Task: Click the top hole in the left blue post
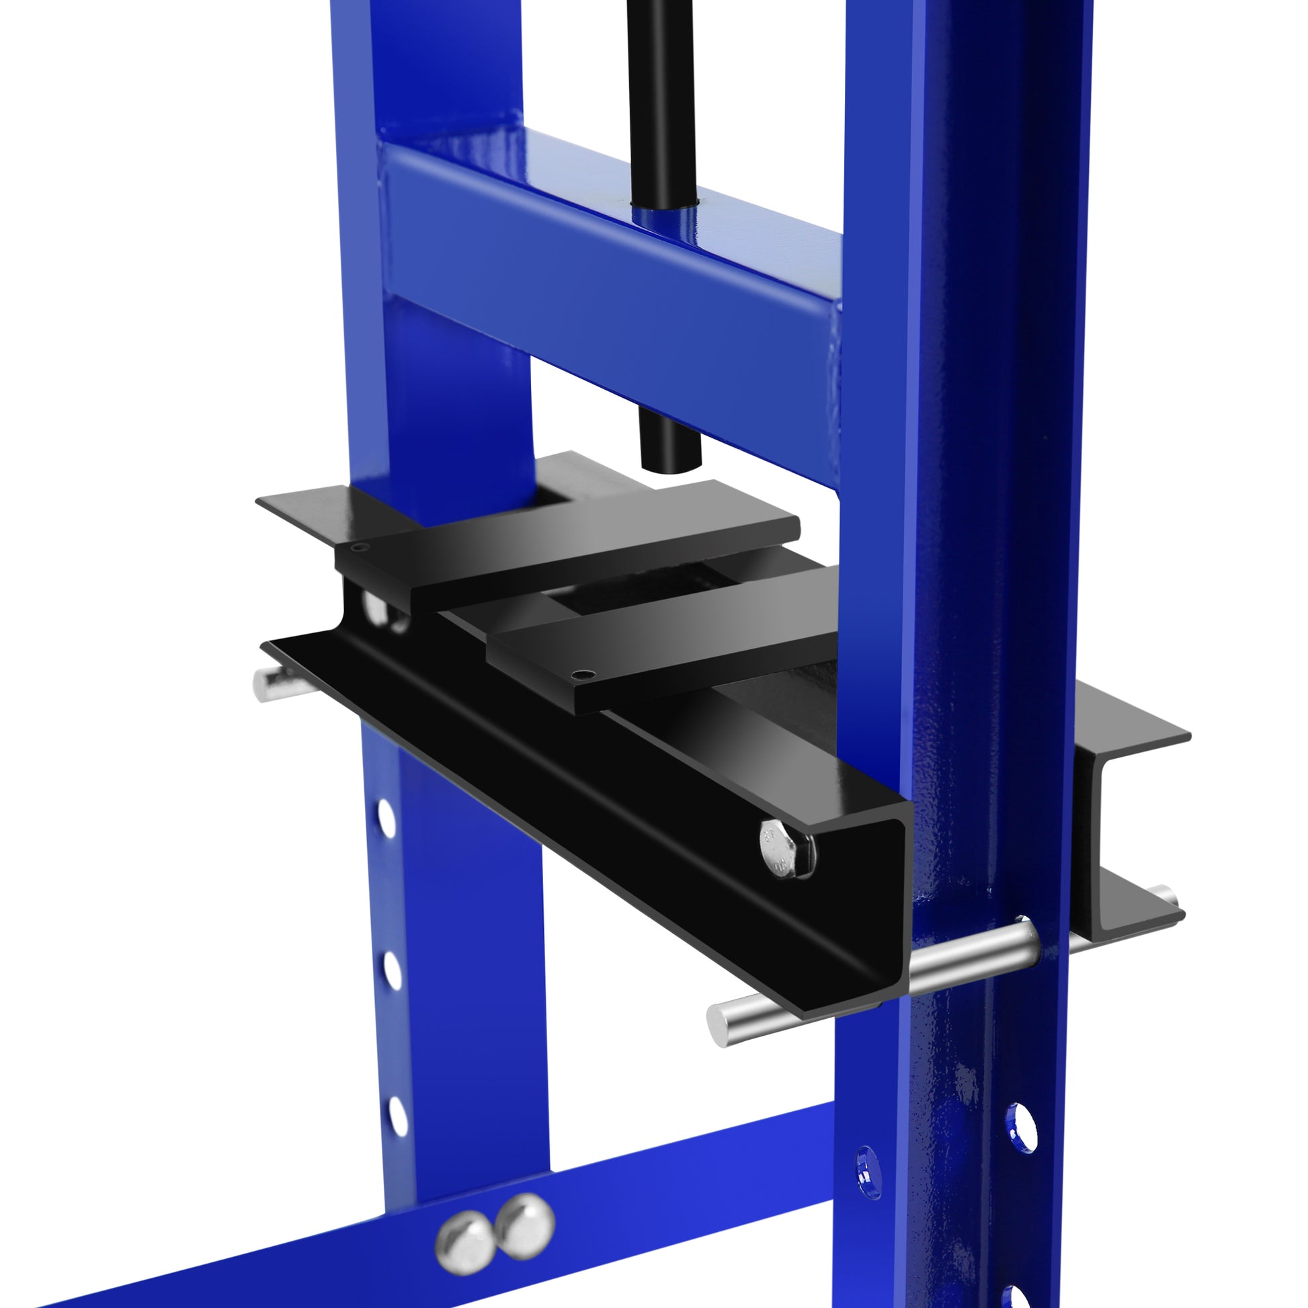coord(386,817)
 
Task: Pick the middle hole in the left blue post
coord(392,969)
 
